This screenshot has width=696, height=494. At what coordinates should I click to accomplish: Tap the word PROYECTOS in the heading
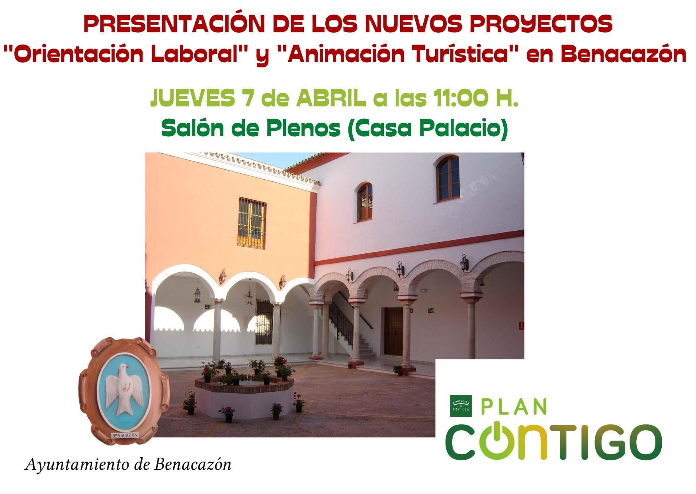[541, 25]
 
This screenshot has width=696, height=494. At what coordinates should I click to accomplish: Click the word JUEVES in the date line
[192, 98]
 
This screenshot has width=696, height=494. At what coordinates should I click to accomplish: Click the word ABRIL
[330, 98]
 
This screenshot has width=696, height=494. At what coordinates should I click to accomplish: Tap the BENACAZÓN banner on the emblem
[125, 435]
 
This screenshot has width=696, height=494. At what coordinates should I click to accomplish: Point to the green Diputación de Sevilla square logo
[461, 406]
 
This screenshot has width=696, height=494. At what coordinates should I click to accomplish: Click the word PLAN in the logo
[514, 406]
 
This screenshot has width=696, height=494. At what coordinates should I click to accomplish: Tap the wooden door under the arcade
[393, 331]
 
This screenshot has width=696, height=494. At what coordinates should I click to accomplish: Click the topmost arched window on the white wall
[448, 179]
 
